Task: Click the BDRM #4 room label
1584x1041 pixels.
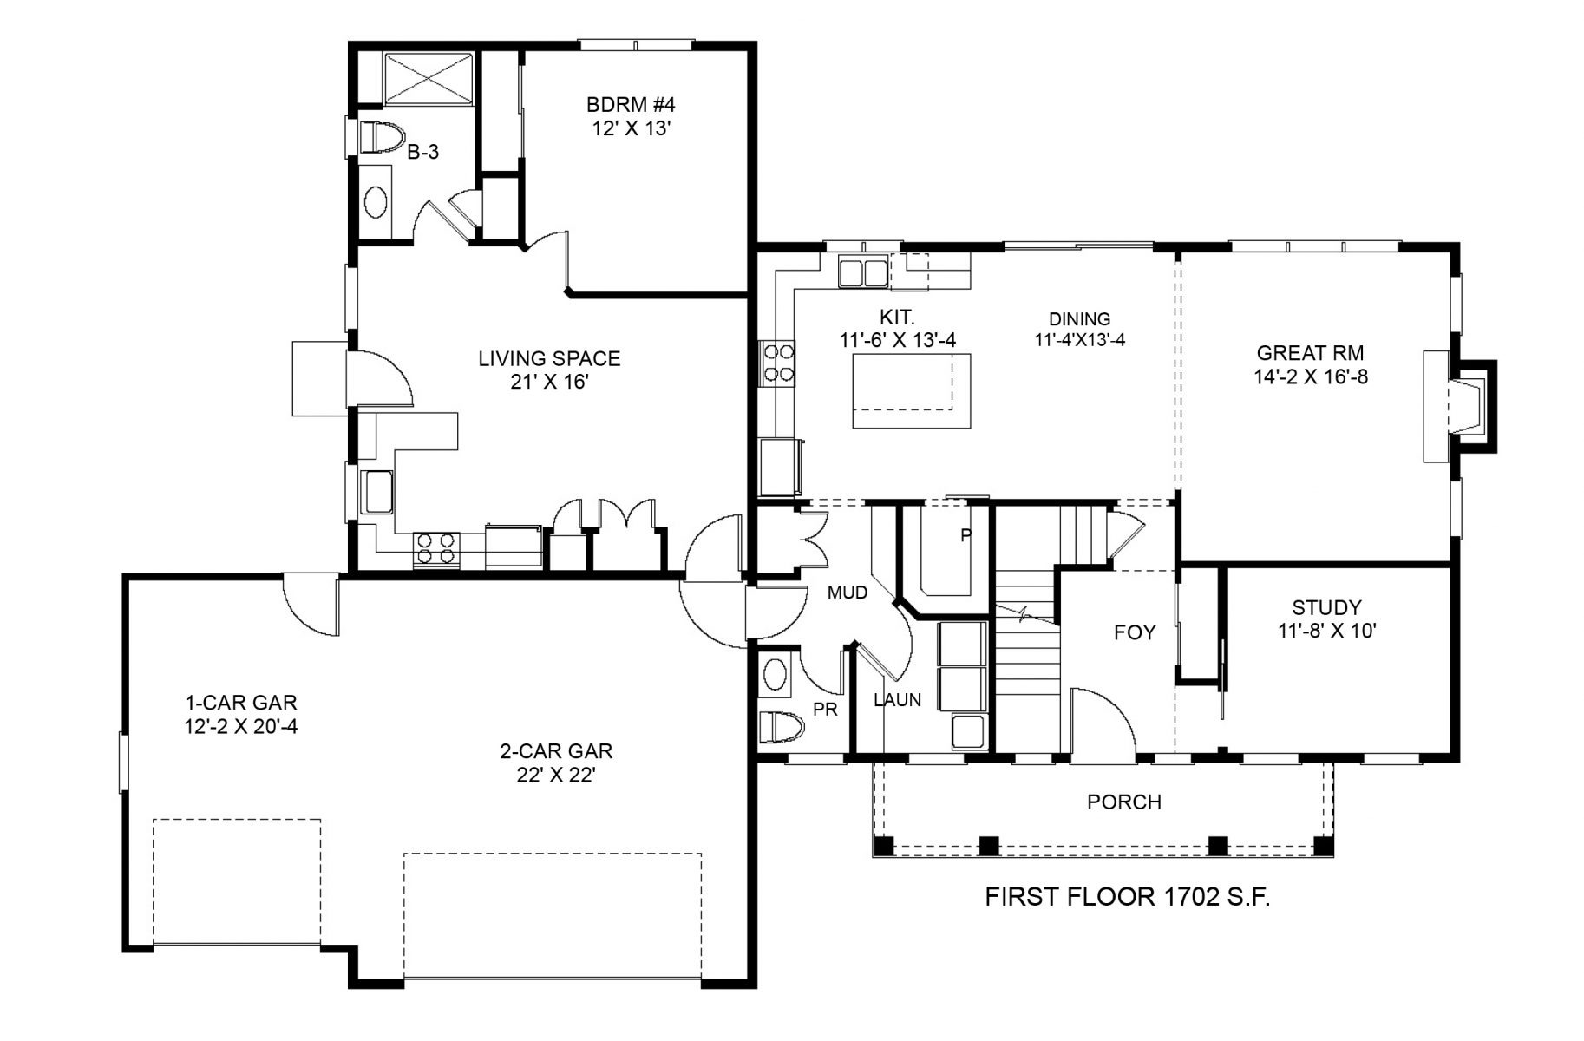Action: click(x=631, y=105)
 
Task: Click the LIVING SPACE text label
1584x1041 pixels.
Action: click(x=549, y=358)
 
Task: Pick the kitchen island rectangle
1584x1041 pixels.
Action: click(x=911, y=390)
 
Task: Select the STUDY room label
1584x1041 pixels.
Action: click(x=1326, y=607)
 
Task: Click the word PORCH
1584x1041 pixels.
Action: click(x=1124, y=802)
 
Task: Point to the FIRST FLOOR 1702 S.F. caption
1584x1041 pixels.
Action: click(x=1128, y=897)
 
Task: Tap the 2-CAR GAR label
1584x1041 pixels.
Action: click(x=556, y=751)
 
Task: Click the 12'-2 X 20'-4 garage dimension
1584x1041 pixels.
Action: click(x=240, y=727)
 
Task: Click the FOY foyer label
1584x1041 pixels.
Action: click(x=1135, y=633)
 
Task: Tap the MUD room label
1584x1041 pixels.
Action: click(x=848, y=593)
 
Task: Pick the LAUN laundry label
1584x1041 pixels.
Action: click(x=898, y=700)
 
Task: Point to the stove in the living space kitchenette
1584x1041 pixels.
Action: click(x=436, y=547)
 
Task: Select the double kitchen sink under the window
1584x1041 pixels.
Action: click(x=863, y=272)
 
